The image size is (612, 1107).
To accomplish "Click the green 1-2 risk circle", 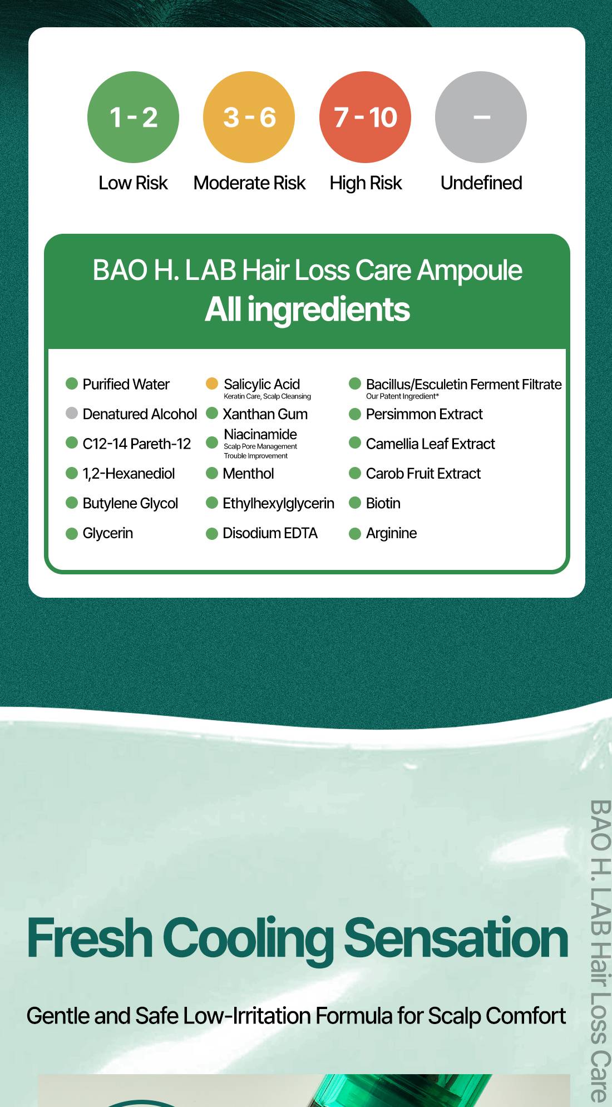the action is (133, 117).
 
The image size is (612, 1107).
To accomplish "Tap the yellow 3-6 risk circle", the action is (249, 117).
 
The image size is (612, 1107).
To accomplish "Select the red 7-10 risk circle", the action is (365, 117).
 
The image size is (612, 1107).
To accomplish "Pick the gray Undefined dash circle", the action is (481, 117).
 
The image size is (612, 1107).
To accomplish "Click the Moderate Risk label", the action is (249, 183).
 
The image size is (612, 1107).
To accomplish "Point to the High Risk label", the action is (366, 183).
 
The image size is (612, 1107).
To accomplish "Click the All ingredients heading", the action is (307, 309).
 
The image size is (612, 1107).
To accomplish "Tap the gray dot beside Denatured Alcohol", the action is (72, 413).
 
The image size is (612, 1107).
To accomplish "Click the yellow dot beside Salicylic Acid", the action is (212, 383).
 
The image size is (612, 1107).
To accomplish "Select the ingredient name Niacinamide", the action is (260, 434).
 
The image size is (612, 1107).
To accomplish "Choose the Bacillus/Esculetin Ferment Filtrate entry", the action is (464, 384).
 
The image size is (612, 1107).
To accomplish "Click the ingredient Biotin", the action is (383, 503).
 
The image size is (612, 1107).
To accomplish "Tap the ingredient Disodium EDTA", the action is (270, 533).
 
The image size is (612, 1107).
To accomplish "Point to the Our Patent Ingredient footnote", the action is (402, 396).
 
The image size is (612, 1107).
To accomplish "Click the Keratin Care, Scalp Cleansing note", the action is (267, 396).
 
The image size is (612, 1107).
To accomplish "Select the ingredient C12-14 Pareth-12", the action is (136, 444).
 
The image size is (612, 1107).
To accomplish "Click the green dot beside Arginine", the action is (355, 534).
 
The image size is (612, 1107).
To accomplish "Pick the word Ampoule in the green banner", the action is (470, 271).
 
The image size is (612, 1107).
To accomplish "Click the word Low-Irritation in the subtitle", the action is (246, 1016).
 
